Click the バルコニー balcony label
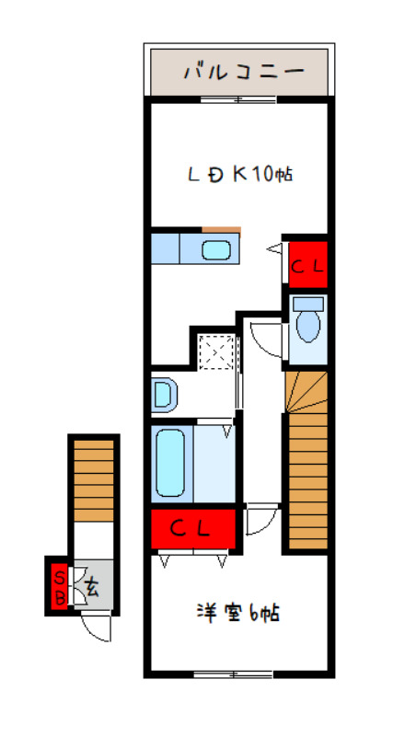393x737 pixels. pos(242,70)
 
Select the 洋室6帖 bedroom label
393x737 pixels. pos(237,612)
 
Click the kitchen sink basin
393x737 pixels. pos(216,249)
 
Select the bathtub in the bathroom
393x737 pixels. pos(172,462)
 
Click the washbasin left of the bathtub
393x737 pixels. pos(164,395)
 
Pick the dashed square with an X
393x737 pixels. pos(218,351)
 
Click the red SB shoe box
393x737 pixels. pos(59,586)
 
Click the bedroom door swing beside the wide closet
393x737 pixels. pos(257,521)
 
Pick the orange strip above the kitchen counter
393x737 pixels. pos(221,229)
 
